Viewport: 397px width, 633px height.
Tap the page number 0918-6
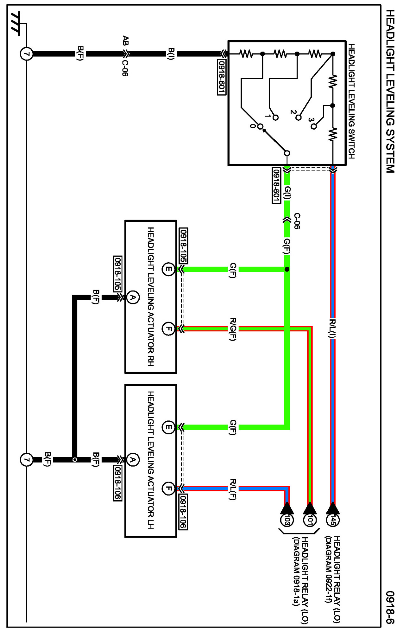click(390, 607)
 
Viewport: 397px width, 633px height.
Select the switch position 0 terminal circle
click(260, 127)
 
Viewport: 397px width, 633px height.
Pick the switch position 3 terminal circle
click(313, 126)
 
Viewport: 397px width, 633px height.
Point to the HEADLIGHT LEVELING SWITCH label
click(351, 101)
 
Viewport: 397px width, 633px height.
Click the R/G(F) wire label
click(233, 329)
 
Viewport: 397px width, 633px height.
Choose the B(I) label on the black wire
click(171, 54)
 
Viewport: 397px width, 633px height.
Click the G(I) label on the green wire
click(287, 193)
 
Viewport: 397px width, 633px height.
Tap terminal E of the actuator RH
click(168, 270)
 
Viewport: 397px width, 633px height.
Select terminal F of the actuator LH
click(168, 489)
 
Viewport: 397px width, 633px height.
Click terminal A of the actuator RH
click(133, 297)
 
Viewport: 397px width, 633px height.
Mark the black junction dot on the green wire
click(287, 269)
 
